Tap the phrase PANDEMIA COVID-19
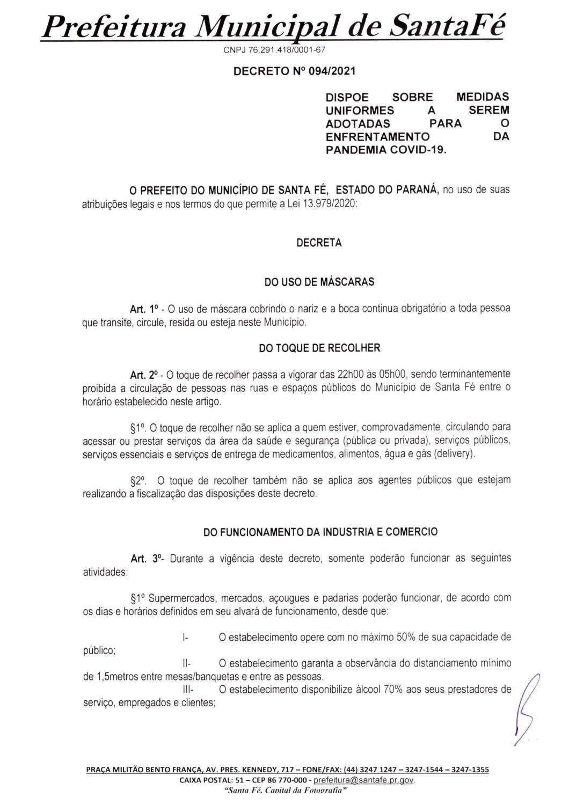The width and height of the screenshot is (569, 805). tap(386, 150)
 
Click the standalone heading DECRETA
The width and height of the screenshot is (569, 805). tap(319, 243)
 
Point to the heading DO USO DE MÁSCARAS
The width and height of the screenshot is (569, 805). tap(319, 282)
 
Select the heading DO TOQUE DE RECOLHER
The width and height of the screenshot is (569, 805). tap(319, 348)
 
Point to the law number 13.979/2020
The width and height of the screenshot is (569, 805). tap(324, 203)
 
